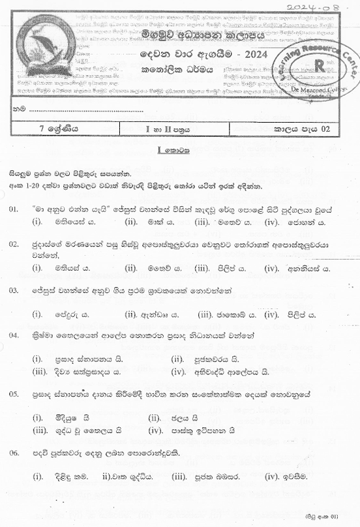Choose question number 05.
[14, 395]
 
